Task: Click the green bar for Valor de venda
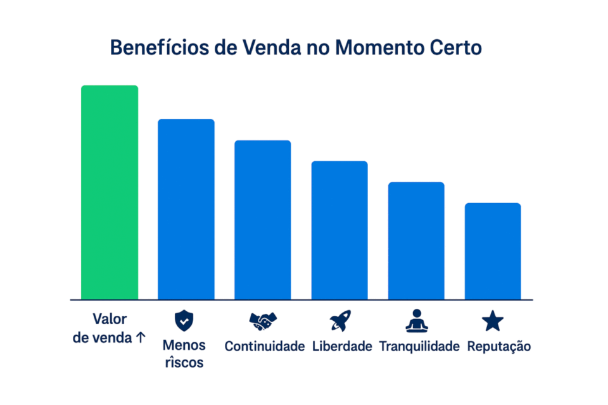point(109,192)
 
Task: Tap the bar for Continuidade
point(262,220)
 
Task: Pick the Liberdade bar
point(339,230)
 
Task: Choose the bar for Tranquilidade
point(416,240)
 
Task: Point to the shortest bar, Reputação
point(493,251)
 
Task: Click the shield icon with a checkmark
point(184,321)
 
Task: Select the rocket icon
point(340,321)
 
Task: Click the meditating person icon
point(417,321)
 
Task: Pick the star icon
point(493,321)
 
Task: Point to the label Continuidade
point(264,347)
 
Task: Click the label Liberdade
point(342,347)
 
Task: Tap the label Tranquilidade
point(419,347)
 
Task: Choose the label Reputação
point(498,347)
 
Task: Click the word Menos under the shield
point(184,346)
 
